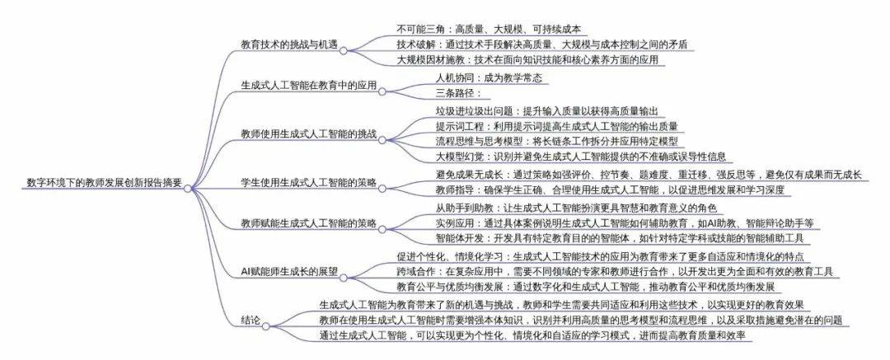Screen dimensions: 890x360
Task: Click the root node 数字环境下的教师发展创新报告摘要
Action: [x=105, y=183]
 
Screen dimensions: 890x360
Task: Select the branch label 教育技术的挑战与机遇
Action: [x=289, y=44]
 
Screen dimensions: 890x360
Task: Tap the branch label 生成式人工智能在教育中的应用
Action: [x=309, y=86]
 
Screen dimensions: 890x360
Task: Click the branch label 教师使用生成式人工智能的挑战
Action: [x=309, y=134]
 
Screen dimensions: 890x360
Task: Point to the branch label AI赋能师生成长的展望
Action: [x=289, y=272]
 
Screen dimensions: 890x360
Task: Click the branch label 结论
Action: [x=251, y=320]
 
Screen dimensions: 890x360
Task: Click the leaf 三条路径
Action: [x=458, y=93]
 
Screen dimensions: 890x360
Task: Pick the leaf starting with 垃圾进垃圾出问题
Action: [x=546, y=110]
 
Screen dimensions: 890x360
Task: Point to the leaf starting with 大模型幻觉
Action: [x=580, y=157]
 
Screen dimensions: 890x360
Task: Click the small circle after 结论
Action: [x=265, y=326]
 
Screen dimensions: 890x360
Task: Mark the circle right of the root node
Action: [x=189, y=188]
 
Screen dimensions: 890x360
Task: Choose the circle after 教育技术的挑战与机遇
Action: [x=343, y=50]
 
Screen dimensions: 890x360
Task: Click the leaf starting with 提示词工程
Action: [x=556, y=126]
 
